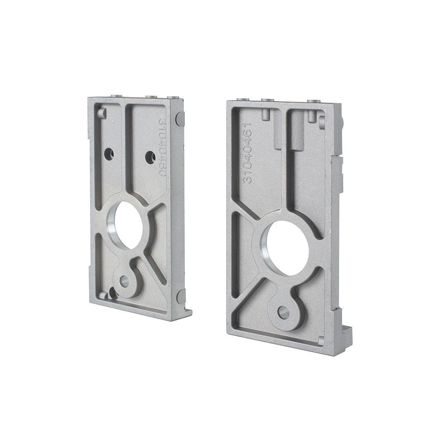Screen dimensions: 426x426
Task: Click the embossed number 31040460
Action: click(162, 147)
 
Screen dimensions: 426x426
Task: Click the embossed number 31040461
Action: click(248, 153)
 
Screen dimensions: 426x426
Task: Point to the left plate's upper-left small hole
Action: click(109, 154)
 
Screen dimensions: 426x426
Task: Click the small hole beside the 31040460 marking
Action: click(150, 158)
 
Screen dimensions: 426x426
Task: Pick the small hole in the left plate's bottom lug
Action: click(124, 282)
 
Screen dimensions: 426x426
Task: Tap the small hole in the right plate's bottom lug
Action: click(283, 312)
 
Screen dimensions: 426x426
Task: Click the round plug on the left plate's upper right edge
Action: click(180, 119)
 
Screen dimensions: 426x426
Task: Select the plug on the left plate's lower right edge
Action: click(181, 296)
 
